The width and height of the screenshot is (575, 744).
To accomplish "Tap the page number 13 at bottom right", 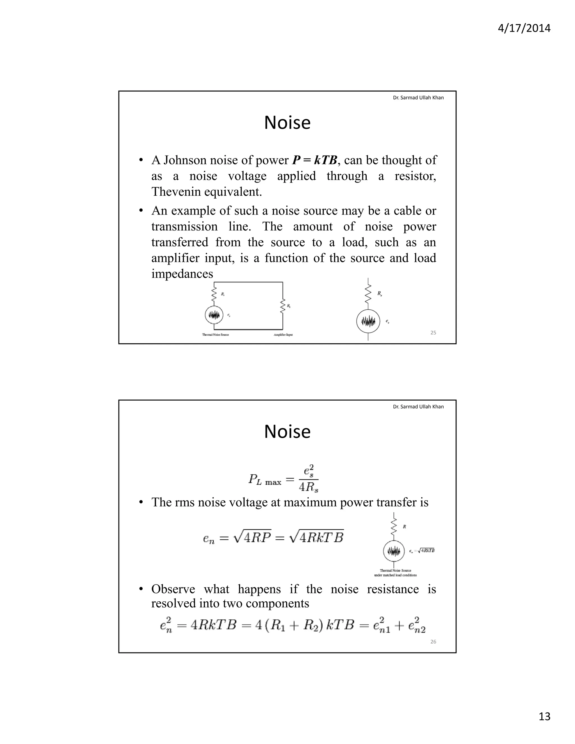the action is click(544, 716).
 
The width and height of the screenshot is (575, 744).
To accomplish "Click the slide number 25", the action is click(433, 333).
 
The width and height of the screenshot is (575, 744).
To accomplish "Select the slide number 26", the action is click(433, 642).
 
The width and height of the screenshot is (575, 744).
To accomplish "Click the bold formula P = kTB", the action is click(315, 160).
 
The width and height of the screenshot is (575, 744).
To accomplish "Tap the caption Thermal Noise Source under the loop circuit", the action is click(216, 335).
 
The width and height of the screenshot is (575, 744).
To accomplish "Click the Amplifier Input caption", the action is click(283, 335).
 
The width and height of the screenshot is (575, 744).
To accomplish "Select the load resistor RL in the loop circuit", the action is click(282, 306).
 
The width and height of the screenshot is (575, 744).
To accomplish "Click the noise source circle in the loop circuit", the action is click(214, 315).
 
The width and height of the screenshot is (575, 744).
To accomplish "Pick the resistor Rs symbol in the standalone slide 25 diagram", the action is click(368, 294).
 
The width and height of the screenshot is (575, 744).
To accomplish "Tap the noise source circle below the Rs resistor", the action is click(368, 321).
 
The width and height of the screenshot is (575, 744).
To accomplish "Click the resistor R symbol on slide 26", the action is click(394, 527).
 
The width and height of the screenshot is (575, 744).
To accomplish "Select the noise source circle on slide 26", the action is click(394, 551).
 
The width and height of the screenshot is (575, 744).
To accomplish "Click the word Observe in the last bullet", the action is click(173, 589).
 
